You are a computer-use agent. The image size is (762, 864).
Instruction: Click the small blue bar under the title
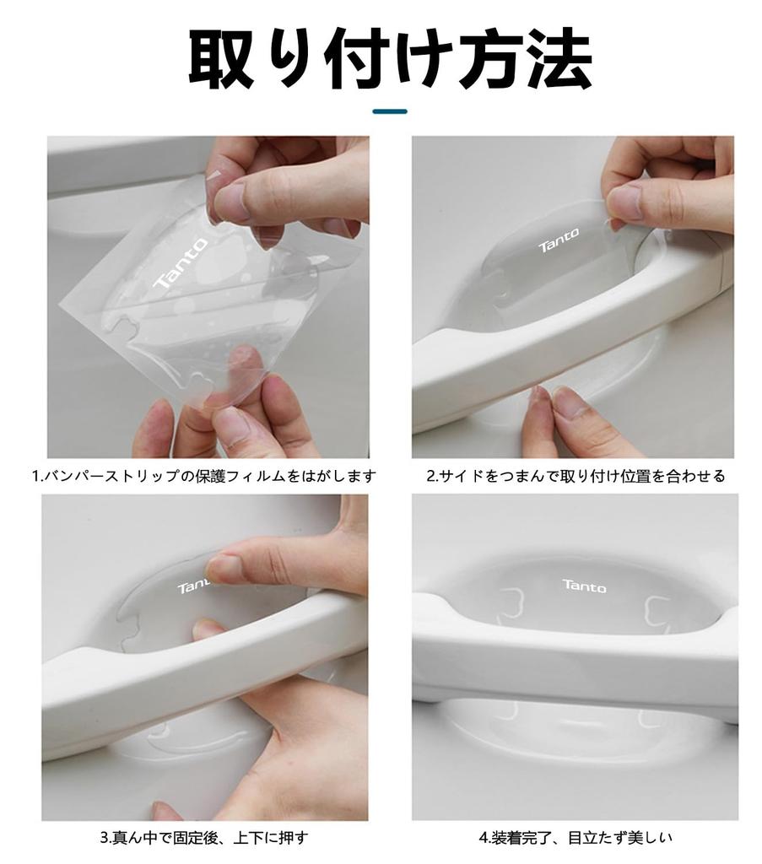(389, 111)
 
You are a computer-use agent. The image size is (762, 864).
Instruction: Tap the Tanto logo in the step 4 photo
(583, 585)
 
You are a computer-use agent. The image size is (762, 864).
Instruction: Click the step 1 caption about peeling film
(203, 477)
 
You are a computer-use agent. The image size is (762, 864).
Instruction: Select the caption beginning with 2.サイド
(575, 477)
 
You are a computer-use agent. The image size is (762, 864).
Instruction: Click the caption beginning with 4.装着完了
(575, 839)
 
